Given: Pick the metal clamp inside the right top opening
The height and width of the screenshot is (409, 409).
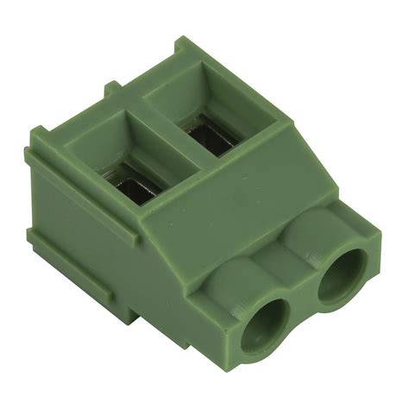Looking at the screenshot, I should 208,137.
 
